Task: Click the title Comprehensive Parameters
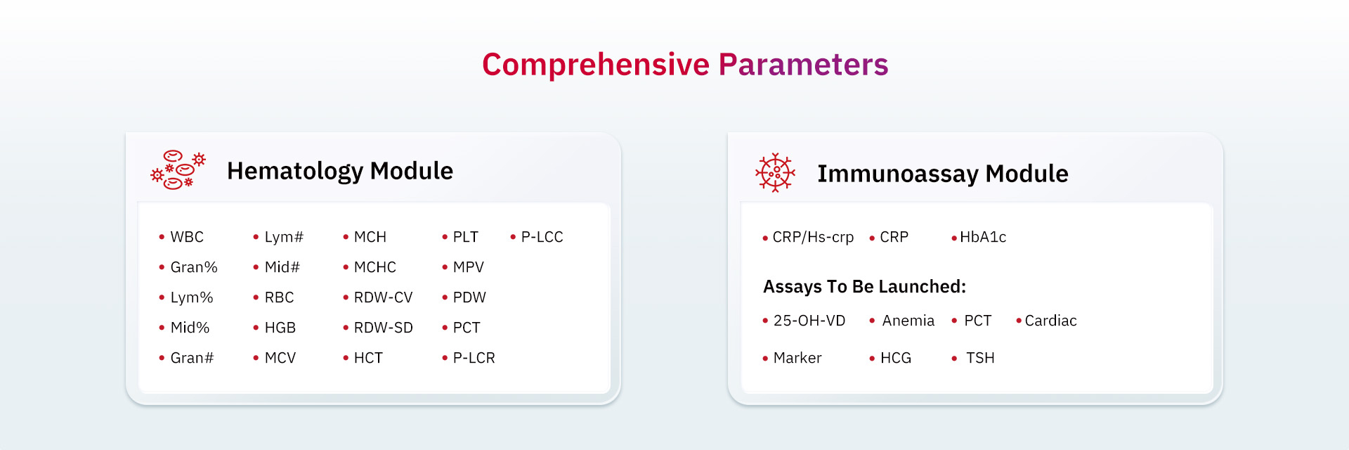tap(685, 65)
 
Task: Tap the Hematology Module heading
tap(340, 171)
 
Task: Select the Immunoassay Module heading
tap(942, 174)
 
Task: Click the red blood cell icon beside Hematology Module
tap(178, 169)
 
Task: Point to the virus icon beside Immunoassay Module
tap(775, 172)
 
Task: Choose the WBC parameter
tap(187, 237)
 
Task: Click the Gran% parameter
tap(194, 267)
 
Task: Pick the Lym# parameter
tap(284, 237)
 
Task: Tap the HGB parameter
tap(280, 328)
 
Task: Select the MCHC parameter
tap(375, 267)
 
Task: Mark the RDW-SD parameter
tap(384, 328)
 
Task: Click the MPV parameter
tap(469, 267)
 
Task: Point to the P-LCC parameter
tap(542, 237)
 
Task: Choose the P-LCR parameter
tap(474, 358)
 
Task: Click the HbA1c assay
tap(983, 237)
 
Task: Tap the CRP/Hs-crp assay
tap(813, 237)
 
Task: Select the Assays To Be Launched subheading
tap(865, 287)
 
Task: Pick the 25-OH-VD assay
tap(809, 321)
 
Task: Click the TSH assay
tap(980, 358)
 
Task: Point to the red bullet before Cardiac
tap(1019, 321)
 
